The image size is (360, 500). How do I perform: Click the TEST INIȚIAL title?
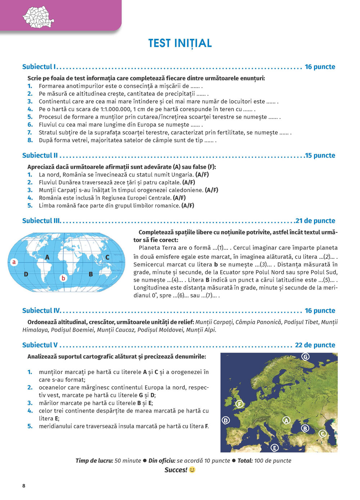(x=180, y=43)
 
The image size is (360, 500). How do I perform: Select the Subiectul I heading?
(x=39, y=67)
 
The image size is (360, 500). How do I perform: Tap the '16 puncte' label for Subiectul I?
(x=320, y=67)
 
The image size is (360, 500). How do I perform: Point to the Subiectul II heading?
(x=40, y=155)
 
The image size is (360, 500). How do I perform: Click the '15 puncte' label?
(x=320, y=155)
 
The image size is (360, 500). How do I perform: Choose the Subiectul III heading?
(x=41, y=221)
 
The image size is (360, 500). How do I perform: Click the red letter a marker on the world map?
(x=14, y=262)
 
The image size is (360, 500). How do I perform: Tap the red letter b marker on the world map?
(x=63, y=278)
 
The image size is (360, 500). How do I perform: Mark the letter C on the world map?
(x=107, y=257)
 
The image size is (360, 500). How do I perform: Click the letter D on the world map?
(x=26, y=274)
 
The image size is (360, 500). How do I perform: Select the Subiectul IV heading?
(x=41, y=311)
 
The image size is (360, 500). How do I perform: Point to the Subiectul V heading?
(x=40, y=345)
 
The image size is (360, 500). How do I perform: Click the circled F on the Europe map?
(x=239, y=404)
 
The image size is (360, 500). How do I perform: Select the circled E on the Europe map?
(x=275, y=447)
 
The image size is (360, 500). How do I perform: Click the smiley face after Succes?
(x=192, y=470)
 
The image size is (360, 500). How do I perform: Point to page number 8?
(x=24, y=486)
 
